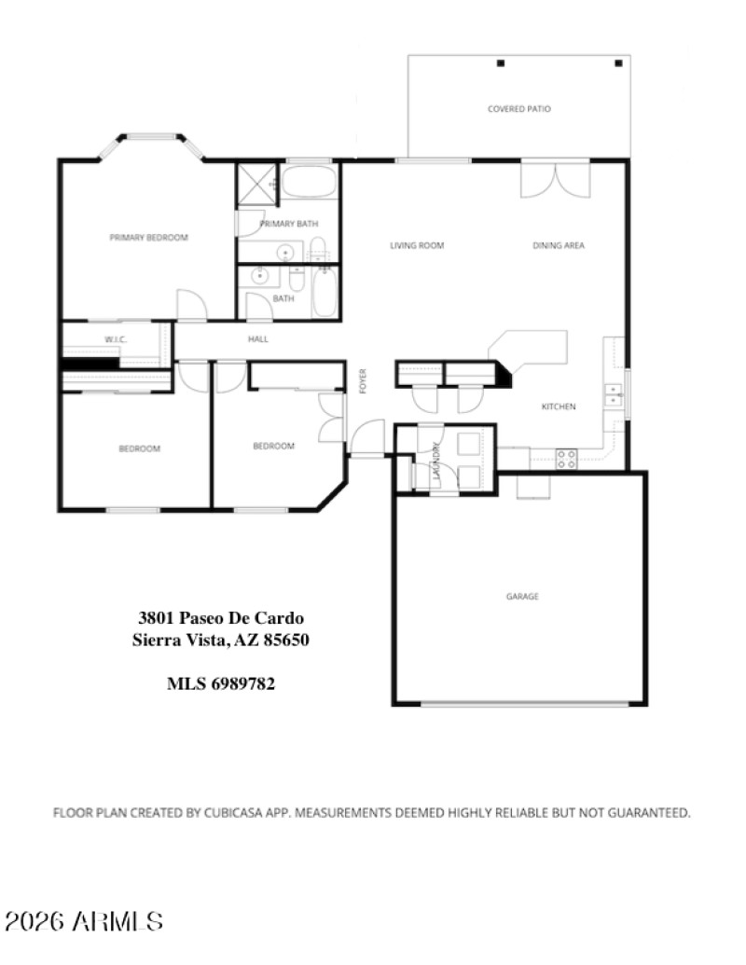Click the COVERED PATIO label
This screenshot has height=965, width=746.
click(518, 109)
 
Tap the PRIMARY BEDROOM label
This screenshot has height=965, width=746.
click(148, 238)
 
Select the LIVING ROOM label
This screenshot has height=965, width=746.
click(416, 246)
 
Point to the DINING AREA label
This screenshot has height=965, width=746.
click(559, 246)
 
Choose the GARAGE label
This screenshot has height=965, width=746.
click(522, 597)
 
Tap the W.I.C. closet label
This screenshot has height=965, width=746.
click(116, 339)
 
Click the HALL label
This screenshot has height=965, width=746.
click(258, 339)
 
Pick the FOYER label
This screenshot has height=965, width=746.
click(363, 381)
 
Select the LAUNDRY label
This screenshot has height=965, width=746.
click(436, 461)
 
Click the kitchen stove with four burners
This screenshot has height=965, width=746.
click(566, 458)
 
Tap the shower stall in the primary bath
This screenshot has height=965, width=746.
click(256, 185)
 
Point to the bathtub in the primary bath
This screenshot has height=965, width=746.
click(309, 182)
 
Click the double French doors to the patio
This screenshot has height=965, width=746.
click(555, 180)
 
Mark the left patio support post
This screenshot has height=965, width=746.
click(500, 63)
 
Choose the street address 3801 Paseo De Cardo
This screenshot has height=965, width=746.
click(221, 617)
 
